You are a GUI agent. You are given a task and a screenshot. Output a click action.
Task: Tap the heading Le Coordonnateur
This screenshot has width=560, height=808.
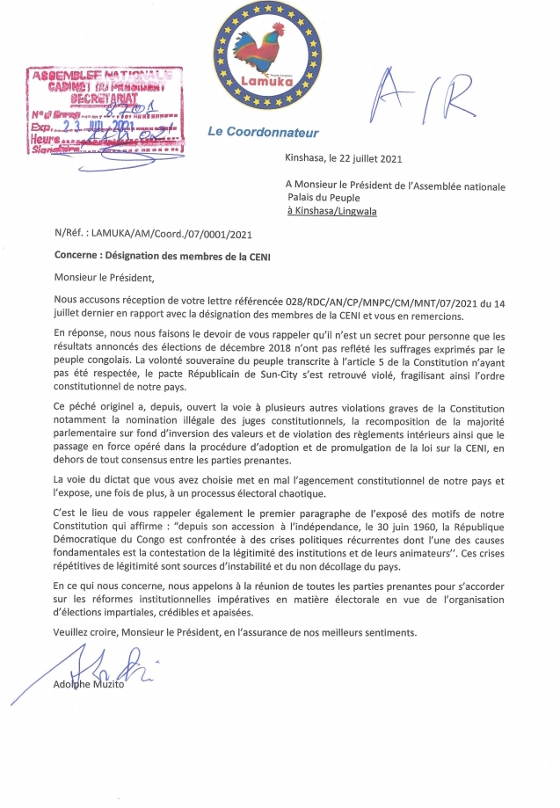point(263,133)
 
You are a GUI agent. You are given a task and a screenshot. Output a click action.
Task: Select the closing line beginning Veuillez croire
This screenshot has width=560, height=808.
point(241,632)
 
